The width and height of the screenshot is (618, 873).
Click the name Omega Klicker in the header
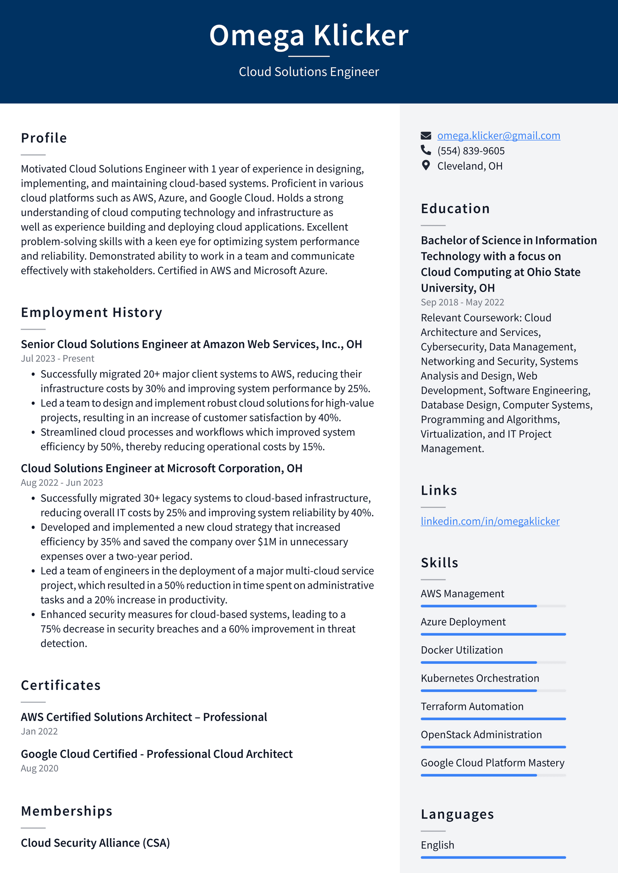tap(309, 36)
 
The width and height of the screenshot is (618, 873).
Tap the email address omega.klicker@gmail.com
tap(498, 136)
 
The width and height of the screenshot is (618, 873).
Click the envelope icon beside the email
tap(426, 136)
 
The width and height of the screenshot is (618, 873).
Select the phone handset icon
tap(426, 150)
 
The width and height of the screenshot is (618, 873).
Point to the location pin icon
tap(426, 165)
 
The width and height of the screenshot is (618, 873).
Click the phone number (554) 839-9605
tap(470, 151)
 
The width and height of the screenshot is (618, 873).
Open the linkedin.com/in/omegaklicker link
tap(490, 521)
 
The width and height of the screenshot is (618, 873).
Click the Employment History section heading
tap(92, 312)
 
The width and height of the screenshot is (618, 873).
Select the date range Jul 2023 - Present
tap(58, 358)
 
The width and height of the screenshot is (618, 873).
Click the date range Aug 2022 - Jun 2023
tap(62, 483)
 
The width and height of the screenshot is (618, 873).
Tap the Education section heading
tap(455, 209)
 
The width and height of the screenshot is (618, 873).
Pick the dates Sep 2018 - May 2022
tap(462, 302)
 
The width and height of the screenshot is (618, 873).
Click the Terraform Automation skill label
tap(472, 706)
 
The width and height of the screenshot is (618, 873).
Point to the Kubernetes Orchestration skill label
tap(480, 678)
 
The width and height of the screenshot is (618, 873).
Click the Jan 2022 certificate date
tap(39, 731)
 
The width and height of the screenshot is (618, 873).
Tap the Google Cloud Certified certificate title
tap(156, 754)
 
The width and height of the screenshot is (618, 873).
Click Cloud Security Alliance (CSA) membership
tap(95, 843)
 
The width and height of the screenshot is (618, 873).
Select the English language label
tap(437, 845)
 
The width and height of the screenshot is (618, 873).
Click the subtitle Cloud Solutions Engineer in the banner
tap(309, 72)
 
